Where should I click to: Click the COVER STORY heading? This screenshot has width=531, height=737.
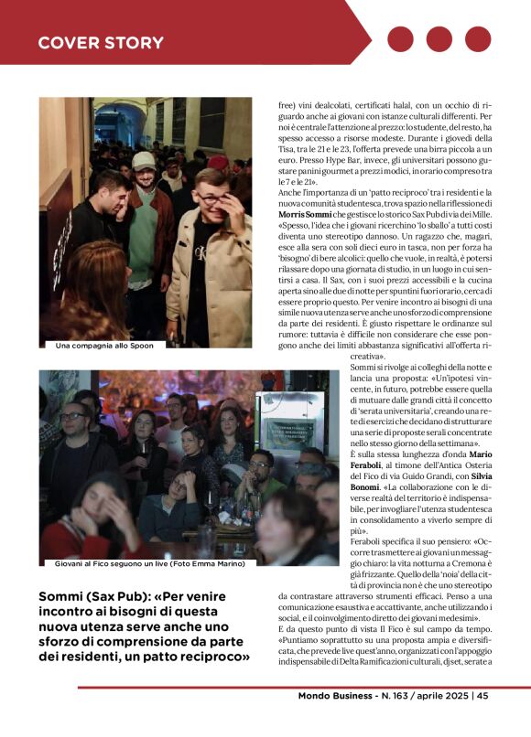[101, 43]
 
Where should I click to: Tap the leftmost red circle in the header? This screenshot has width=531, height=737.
[401, 39]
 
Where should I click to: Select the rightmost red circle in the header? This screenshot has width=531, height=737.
[478, 39]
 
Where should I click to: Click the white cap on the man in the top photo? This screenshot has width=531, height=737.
[144, 161]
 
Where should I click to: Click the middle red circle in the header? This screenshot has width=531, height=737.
[439, 39]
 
